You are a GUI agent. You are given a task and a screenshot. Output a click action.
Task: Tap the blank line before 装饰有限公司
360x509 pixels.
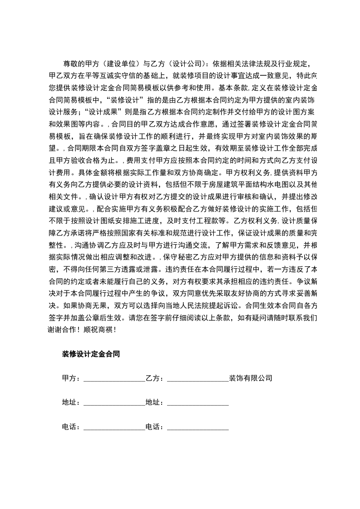click(x=198, y=378)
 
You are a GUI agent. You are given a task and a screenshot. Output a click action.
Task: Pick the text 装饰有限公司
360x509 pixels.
click(x=250, y=378)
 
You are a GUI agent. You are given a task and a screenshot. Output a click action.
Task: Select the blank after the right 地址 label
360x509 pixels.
click(x=198, y=402)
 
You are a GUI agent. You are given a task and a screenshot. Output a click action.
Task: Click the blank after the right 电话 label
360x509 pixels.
click(x=198, y=427)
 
